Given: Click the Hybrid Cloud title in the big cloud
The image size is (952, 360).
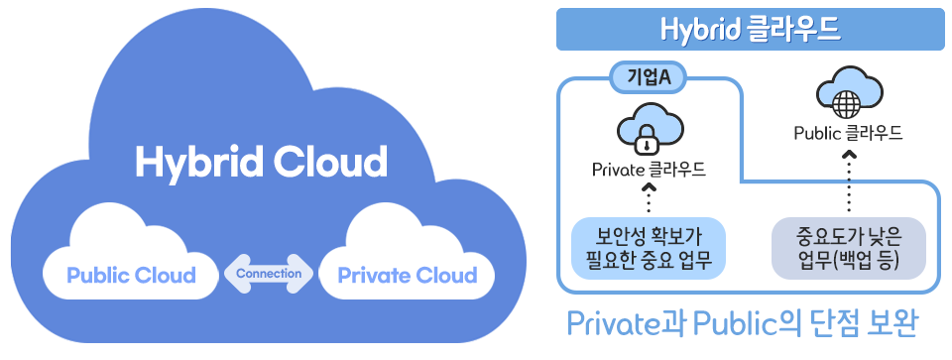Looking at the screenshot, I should pyautogui.click(x=261, y=162).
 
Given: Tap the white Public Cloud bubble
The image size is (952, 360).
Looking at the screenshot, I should pyautogui.click(x=131, y=274).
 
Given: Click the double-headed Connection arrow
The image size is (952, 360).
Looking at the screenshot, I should pyautogui.click(x=269, y=273).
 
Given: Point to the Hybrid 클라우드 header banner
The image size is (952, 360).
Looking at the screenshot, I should pyautogui.click(x=751, y=30).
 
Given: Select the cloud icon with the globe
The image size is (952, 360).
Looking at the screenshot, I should pyautogui.click(x=848, y=95).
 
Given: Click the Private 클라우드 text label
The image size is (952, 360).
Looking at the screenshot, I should pyautogui.click(x=649, y=170).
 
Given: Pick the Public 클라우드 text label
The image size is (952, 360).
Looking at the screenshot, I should pyautogui.click(x=848, y=132).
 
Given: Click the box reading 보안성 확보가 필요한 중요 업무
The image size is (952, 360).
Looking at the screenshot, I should pyautogui.click(x=649, y=248).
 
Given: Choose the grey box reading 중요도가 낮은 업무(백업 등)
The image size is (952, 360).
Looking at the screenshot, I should pyautogui.click(x=848, y=248).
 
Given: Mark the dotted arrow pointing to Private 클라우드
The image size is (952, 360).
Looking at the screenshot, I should pyautogui.click(x=649, y=197).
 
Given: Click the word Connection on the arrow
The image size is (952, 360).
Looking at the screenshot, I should pyautogui.click(x=269, y=273).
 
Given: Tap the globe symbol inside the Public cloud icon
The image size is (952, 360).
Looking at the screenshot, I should pyautogui.click(x=848, y=102).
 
